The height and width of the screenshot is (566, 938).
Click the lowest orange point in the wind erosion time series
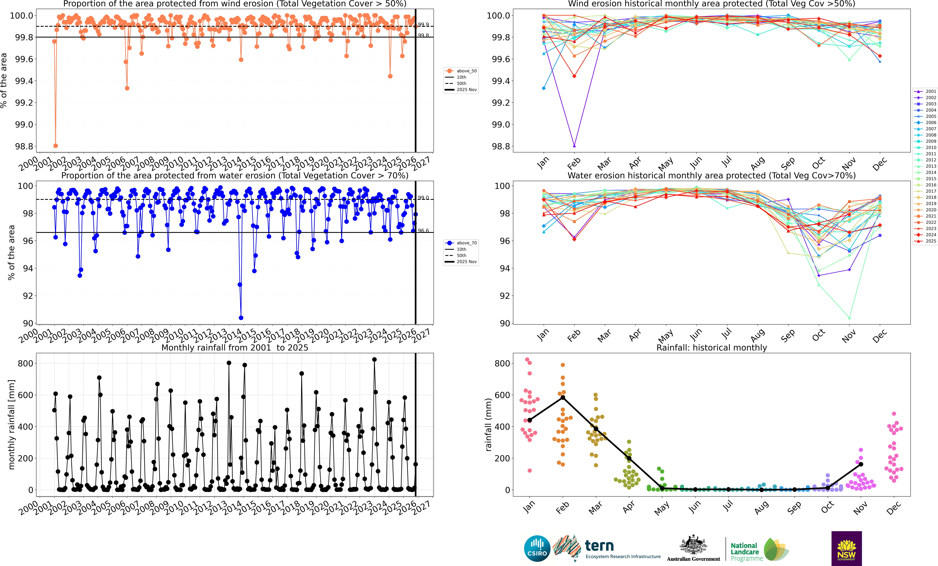click(56, 146)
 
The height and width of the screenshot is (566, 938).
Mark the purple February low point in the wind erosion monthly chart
click(574, 146)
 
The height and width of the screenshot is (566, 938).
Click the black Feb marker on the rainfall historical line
click(563, 397)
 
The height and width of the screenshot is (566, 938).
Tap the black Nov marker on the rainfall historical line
click(861, 464)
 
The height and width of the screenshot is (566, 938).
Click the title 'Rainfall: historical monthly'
click(711, 348)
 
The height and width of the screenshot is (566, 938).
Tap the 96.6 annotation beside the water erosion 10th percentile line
click(423, 231)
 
